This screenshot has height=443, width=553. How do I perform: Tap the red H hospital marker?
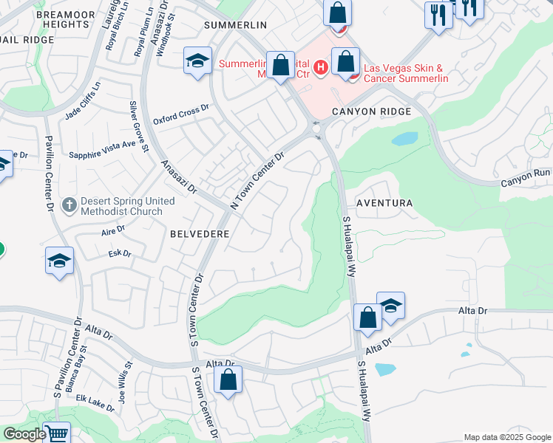point(320,68)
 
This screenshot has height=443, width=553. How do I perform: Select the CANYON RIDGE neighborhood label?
point(370,111)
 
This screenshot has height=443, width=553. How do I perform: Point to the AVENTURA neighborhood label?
point(383,202)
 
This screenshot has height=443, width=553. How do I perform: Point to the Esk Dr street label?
point(120,254)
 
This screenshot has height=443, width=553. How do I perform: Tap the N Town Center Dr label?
point(257,181)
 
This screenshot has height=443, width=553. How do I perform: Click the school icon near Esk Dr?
point(59,261)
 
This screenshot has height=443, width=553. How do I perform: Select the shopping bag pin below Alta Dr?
point(228,380)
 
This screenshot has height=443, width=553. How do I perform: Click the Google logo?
point(24,434)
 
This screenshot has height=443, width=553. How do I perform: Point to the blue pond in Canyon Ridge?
point(404,139)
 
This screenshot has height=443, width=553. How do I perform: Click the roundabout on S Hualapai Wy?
point(318,130)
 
